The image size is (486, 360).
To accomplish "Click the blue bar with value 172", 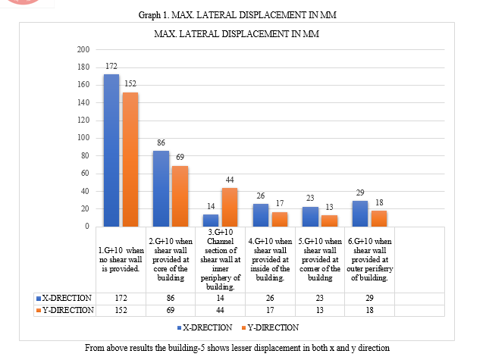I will click(x=111, y=150).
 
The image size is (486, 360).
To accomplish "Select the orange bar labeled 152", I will click(x=130, y=159).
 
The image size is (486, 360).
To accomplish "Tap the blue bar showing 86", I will click(x=161, y=188).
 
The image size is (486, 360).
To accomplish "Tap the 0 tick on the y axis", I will click(x=88, y=226).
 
